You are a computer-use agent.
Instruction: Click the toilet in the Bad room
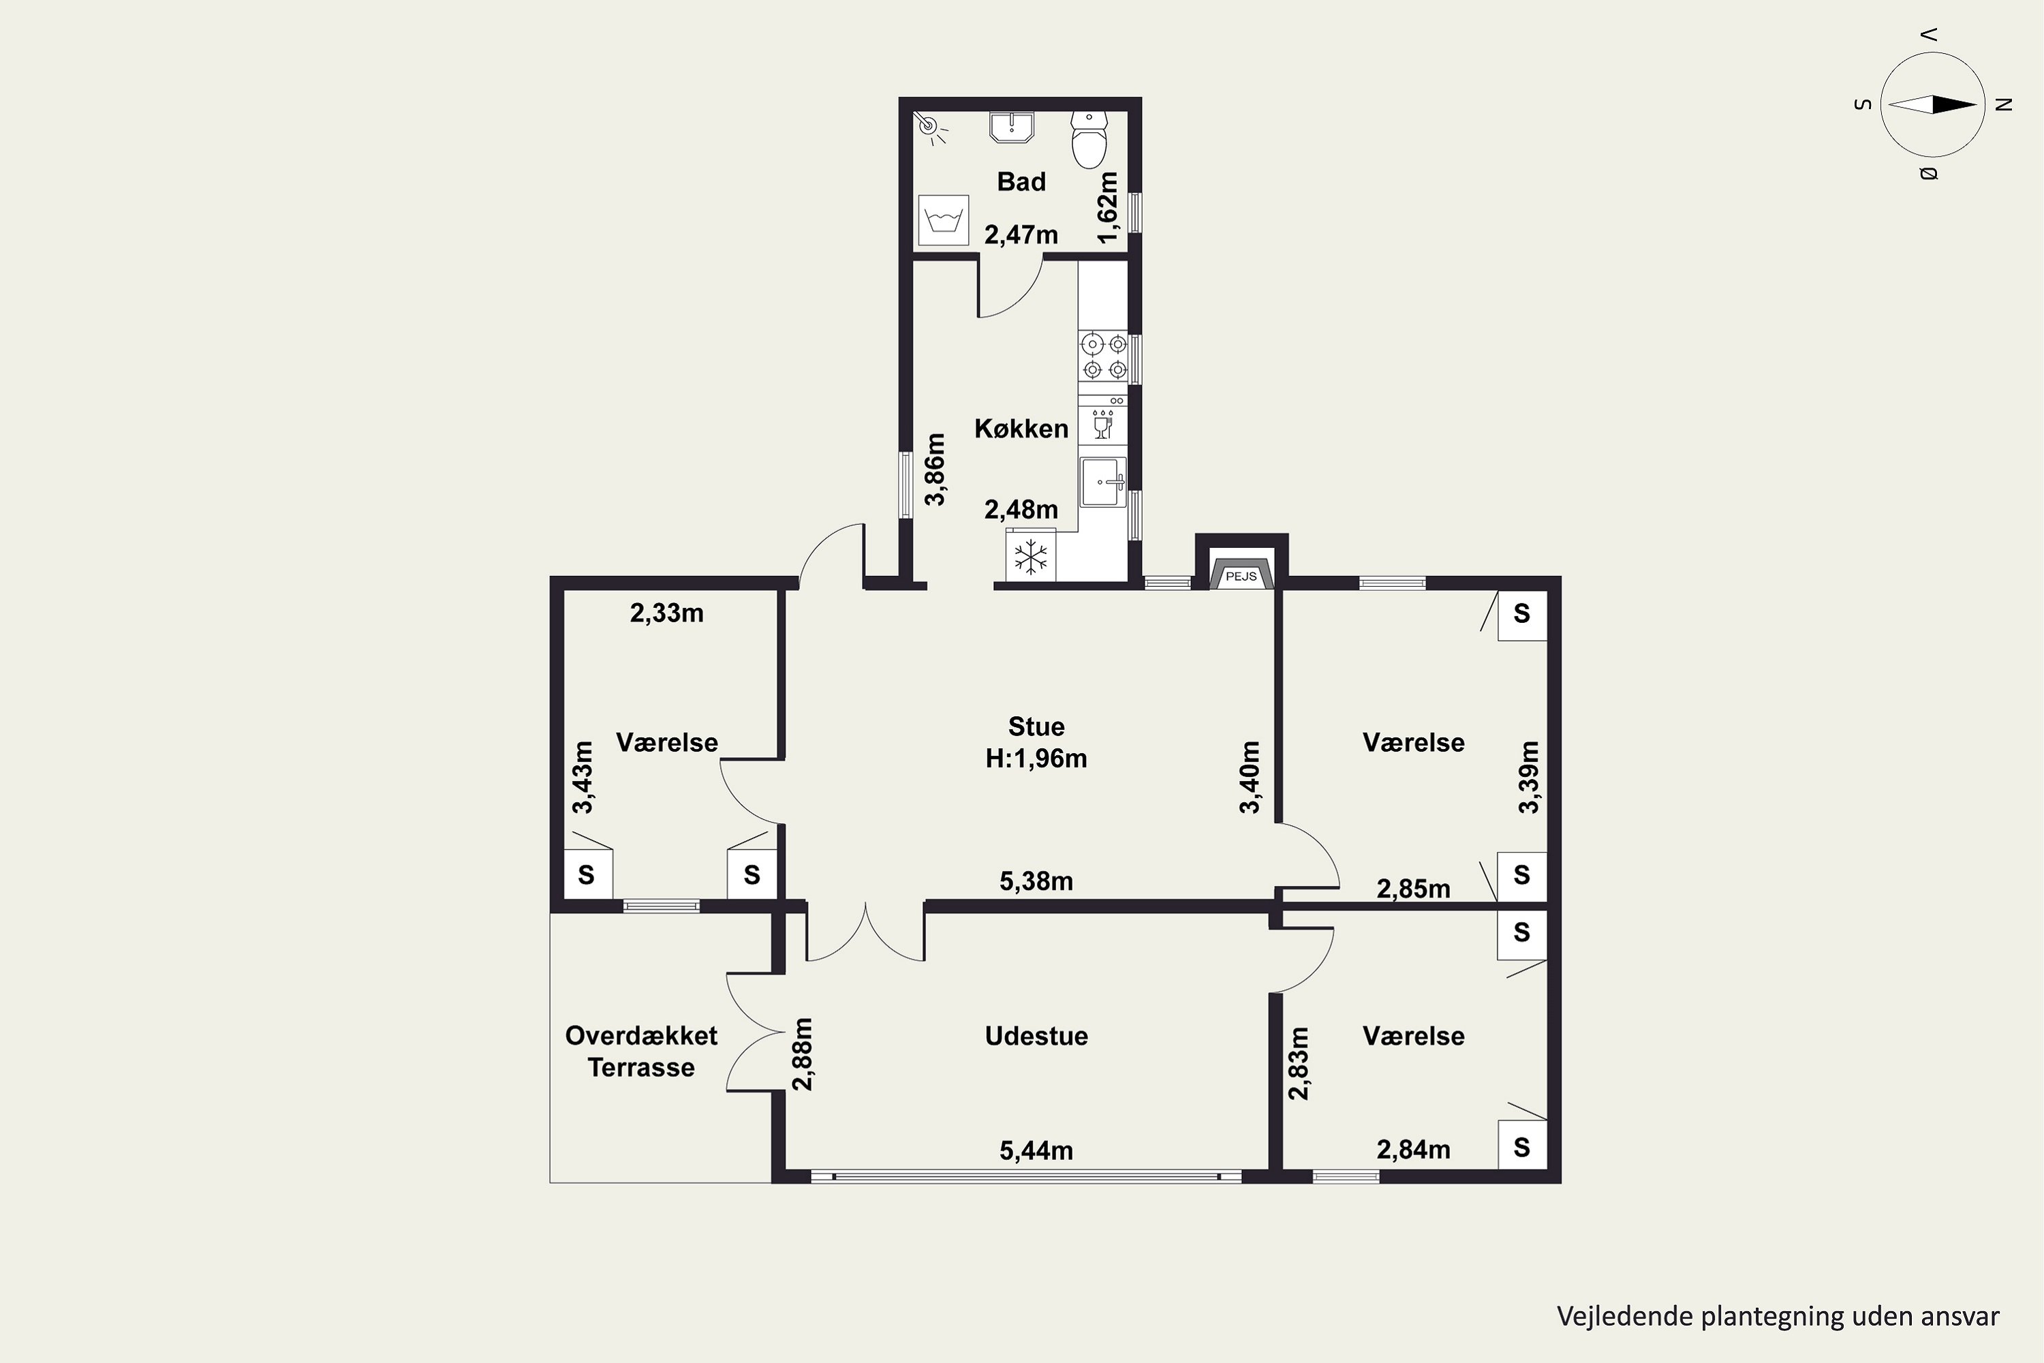click(1089, 139)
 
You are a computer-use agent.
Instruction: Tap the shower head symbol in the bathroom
click(931, 127)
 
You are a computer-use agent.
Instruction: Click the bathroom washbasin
click(1012, 126)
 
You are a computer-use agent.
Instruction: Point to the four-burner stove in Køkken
click(1103, 356)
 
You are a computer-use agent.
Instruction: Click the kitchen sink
click(1103, 482)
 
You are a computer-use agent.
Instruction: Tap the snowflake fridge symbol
click(1031, 556)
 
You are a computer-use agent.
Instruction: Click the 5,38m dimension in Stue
click(1036, 881)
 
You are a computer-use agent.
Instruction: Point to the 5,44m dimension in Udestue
click(1036, 1151)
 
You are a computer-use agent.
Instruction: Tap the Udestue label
click(1036, 1036)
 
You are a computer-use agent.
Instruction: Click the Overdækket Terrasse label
click(641, 1052)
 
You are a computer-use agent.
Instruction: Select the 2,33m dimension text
click(666, 613)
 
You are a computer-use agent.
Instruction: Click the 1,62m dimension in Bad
click(1106, 207)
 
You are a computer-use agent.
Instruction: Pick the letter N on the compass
click(2004, 105)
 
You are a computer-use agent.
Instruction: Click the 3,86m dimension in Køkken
click(934, 470)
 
